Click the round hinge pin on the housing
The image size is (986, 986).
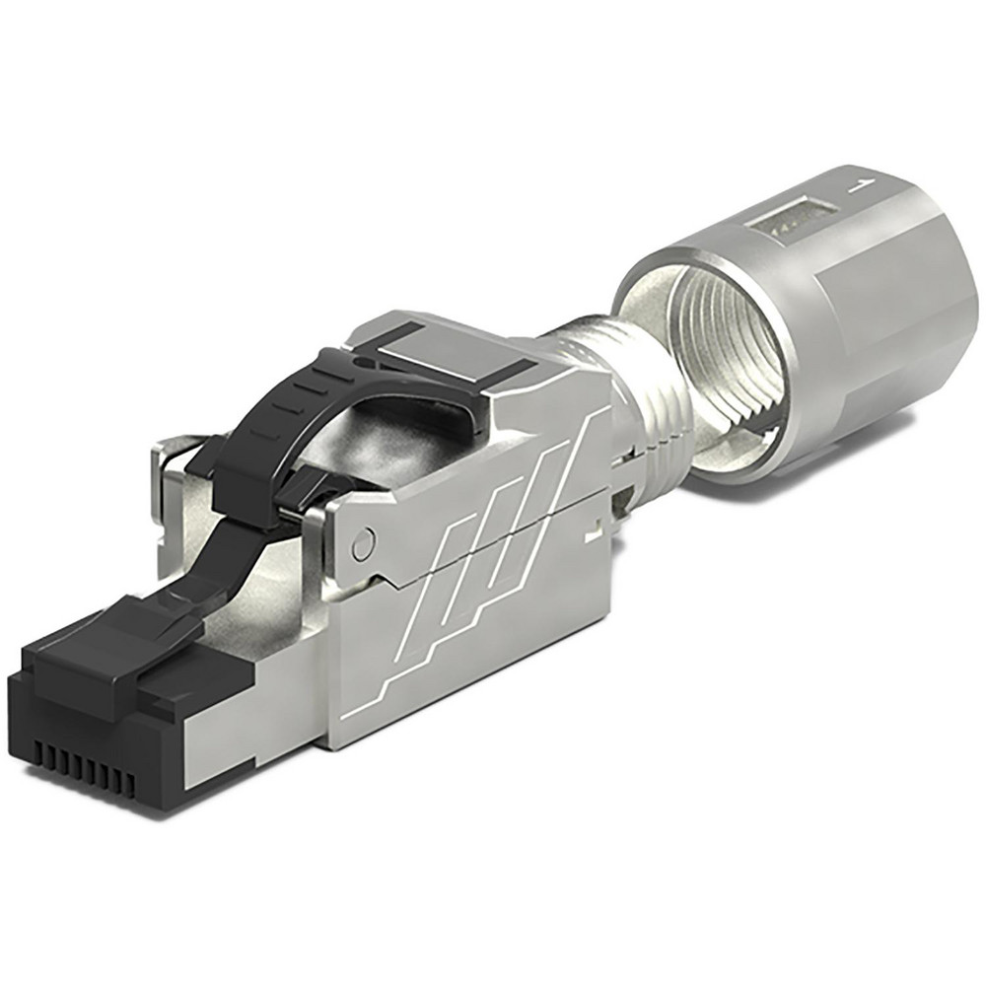tap(364, 541)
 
